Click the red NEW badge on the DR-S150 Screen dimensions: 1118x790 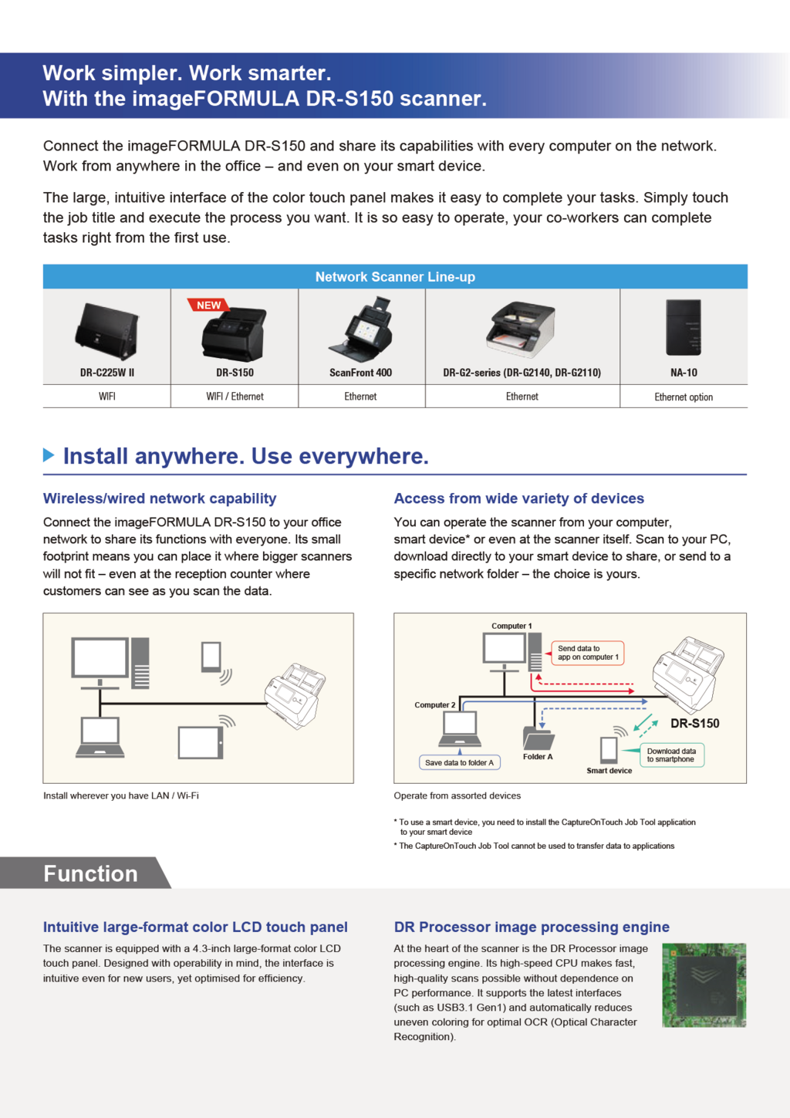(208, 306)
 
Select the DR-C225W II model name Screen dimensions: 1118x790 (107, 373)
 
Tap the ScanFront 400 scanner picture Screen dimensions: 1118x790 (361, 330)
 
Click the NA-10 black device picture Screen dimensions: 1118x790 (684, 327)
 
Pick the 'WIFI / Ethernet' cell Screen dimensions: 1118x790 (235, 397)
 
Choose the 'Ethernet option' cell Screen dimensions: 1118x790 (684, 397)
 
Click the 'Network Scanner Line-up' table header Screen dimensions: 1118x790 (395, 277)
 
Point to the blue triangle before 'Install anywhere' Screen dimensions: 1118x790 (49, 455)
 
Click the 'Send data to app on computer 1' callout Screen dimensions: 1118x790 (588, 653)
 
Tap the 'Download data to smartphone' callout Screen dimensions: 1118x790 (671, 755)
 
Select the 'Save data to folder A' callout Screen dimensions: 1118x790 (459, 763)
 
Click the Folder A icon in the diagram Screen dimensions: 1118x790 (538, 738)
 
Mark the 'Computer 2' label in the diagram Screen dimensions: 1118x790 (435, 704)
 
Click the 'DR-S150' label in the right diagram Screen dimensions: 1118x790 (694, 724)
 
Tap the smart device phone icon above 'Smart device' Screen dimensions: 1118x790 (609, 749)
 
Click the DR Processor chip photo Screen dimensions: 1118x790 (704, 985)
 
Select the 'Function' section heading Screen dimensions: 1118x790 (90, 873)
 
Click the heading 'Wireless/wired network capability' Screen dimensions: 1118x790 (160, 498)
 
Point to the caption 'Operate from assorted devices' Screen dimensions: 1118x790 (457, 795)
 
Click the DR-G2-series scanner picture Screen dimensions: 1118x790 (522, 329)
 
